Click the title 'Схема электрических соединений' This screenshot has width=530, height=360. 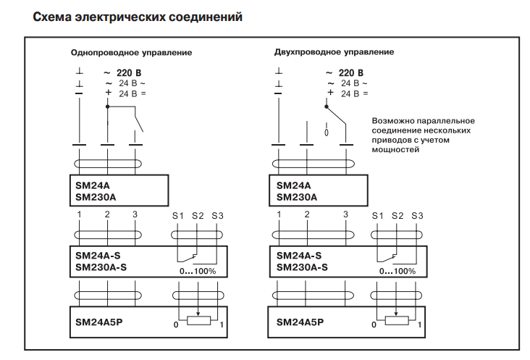[x=137, y=15]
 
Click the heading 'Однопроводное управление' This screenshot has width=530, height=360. [x=130, y=53]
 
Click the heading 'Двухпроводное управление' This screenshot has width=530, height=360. [x=334, y=52]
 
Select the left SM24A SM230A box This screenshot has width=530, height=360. [x=118, y=191]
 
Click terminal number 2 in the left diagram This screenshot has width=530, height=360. [x=107, y=214]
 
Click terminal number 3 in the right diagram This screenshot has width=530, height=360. [x=345, y=214]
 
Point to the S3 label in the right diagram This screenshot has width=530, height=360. [x=416, y=215]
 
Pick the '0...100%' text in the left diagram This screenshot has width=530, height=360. [x=198, y=271]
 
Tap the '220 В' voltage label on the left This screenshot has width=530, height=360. [x=129, y=73]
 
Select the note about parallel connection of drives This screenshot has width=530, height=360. [x=422, y=135]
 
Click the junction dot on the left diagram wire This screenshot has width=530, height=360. [x=107, y=106]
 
